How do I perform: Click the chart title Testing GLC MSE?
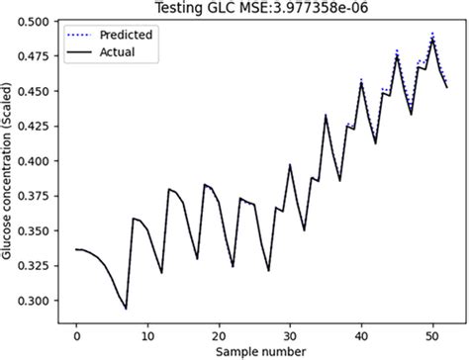pyautogui.click(x=261, y=8)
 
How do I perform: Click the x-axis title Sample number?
pyautogui.click(x=261, y=350)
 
